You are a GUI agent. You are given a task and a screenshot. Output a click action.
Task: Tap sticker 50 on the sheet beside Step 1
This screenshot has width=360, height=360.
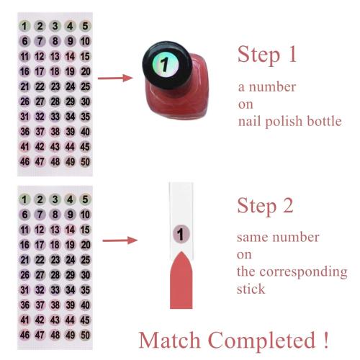85,162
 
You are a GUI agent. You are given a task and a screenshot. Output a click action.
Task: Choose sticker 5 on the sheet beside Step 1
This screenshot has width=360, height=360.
85,27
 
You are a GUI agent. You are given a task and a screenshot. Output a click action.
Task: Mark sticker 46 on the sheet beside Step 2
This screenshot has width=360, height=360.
25,335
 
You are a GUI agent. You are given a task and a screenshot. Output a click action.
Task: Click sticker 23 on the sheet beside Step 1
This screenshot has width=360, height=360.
55,86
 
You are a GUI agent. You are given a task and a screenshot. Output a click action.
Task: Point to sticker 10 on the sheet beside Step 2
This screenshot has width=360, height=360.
85,215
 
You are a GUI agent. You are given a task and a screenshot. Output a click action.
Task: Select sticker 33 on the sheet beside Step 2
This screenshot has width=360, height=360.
55,289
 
